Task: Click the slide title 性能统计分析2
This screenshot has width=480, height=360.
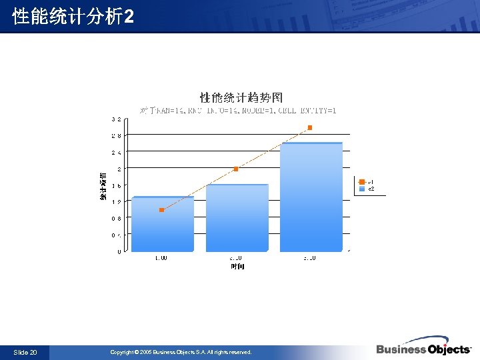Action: pyautogui.click(x=73, y=17)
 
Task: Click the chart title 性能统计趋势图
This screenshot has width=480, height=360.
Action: pyautogui.click(x=237, y=98)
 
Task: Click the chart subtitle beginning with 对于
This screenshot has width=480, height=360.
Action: pyautogui.click(x=239, y=110)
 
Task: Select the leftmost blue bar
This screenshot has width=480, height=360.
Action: pyautogui.click(x=163, y=225)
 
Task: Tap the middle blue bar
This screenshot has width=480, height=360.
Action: pyautogui.click(x=237, y=219)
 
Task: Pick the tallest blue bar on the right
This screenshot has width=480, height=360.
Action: pyautogui.click(x=311, y=198)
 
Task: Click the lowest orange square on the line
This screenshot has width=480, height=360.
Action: pyautogui.click(x=162, y=210)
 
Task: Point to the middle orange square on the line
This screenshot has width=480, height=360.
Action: pyautogui.click(x=236, y=169)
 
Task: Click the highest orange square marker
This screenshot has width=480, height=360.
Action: pyautogui.click(x=310, y=127)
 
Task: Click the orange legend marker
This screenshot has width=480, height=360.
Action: pyautogui.click(x=362, y=181)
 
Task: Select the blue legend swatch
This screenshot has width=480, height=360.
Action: pyautogui.click(x=362, y=189)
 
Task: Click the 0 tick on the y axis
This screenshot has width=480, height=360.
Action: pyautogui.click(x=119, y=251)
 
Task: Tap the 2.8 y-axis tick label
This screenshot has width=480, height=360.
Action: pyautogui.click(x=116, y=136)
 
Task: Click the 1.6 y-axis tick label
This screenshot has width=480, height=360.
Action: pyautogui.click(x=116, y=185)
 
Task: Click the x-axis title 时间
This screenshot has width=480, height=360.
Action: pyautogui.click(x=237, y=267)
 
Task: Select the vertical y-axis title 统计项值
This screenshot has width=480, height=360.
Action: pyautogui.click(x=103, y=186)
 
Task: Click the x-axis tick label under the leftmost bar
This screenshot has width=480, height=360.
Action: pyautogui.click(x=161, y=258)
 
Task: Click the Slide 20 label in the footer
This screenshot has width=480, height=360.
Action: pyautogui.click(x=25, y=352)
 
